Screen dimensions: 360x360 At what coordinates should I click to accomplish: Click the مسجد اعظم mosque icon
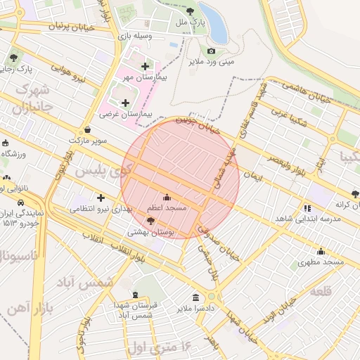click(167, 197)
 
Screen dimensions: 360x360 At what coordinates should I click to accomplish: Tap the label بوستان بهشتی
click(146, 231)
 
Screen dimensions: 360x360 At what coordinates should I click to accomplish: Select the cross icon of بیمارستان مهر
click(145, 66)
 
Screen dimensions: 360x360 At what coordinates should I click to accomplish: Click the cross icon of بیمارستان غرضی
click(126, 103)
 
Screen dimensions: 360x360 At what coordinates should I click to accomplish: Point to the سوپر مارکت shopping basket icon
click(87, 129)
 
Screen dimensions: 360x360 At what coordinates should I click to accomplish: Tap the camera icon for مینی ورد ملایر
click(211, 51)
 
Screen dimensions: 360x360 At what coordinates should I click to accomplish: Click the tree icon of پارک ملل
click(191, 11)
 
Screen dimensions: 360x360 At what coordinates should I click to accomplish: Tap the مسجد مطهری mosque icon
click(321, 251)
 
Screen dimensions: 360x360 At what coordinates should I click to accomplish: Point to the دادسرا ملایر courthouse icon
click(195, 297)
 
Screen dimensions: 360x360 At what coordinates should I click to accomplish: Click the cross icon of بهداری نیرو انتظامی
click(101, 198)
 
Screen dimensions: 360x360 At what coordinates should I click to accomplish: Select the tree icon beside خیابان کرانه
click(354, 193)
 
